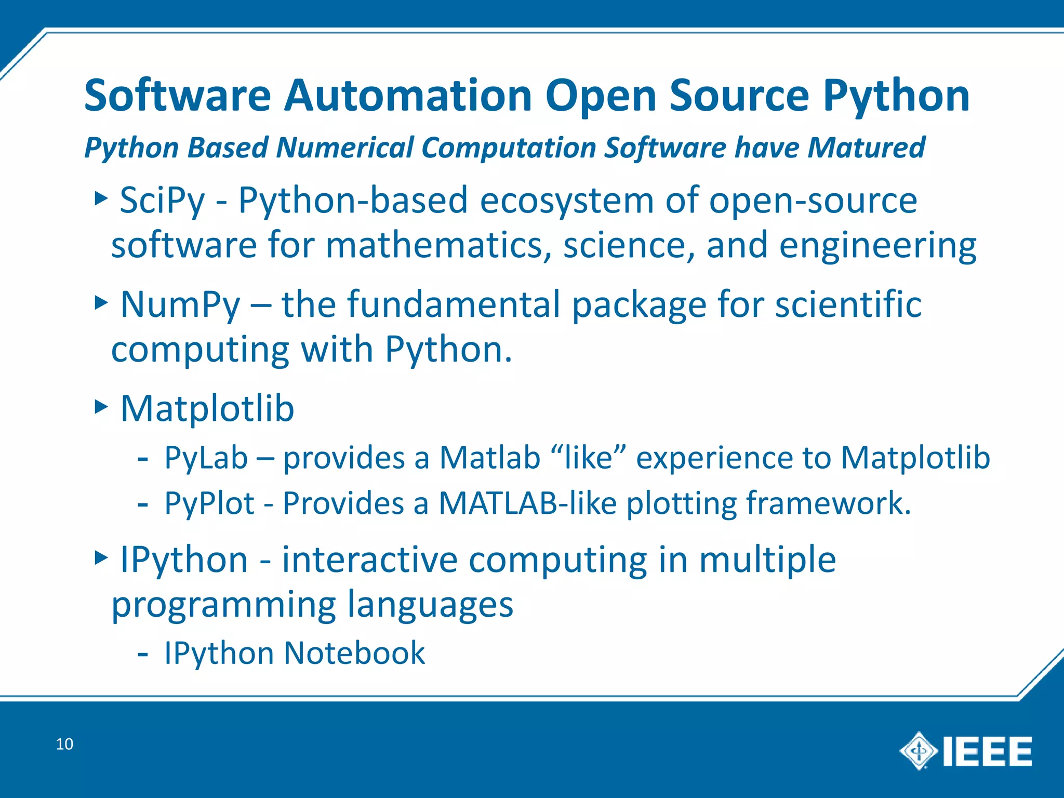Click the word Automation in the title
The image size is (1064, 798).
pyautogui.click(x=408, y=96)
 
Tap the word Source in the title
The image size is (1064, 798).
pyautogui.click(x=739, y=96)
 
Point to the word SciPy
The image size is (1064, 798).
pyautogui.click(x=162, y=201)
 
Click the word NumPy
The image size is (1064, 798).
pyautogui.click(x=180, y=305)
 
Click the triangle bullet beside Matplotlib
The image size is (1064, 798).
pyautogui.click(x=101, y=406)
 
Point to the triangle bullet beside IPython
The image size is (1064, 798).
pyautogui.click(x=101, y=558)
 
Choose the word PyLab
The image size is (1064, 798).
pyautogui.click(x=206, y=458)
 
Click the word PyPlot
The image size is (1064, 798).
pyautogui.click(x=209, y=503)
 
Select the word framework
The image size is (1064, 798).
pyautogui.click(x=828, y=503)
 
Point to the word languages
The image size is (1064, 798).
pyautogui.click(x=430, y=605)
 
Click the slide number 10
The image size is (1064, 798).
pyautogui.click(x=64, y=744)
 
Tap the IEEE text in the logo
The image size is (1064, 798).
pyautogui.click(x=987, y=751)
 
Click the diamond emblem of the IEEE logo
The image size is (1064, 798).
pyautogui.click(x=919, y=751)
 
